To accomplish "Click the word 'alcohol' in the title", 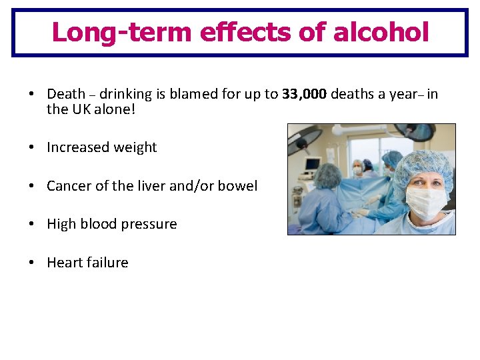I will click(381, 31).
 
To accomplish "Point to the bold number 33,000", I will click(305, 94).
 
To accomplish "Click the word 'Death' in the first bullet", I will click(66, 94).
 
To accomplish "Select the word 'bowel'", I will click(238, 186).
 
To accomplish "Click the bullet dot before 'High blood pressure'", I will click(32, 224).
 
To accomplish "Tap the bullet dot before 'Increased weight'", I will click(32, 147).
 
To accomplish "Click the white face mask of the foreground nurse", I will click(426, 202).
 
